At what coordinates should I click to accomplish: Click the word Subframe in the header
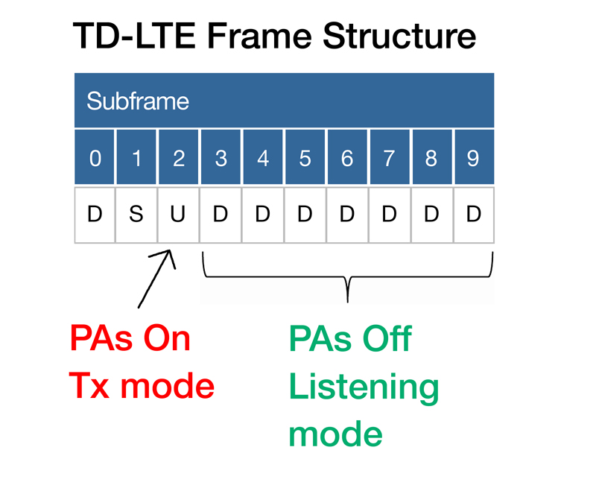point(138,101)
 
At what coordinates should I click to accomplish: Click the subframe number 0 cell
point(95,157)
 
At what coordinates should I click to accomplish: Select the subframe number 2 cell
point(179,157)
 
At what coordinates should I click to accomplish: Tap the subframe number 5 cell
point(305,157)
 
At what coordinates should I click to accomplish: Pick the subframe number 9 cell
point(475,157)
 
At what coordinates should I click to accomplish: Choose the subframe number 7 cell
point(390,157)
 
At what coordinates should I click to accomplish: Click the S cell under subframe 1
point(136,215)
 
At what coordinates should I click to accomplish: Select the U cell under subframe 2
point(178,215)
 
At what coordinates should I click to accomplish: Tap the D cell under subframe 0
point(95,215)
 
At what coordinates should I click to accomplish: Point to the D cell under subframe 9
point(474,215)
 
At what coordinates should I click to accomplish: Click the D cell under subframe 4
point(263,215)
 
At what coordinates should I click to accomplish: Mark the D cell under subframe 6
point(347,215)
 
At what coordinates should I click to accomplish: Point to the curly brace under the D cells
point(348,276)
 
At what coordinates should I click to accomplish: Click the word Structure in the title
point(399,36)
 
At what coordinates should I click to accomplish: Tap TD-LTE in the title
point(134,36)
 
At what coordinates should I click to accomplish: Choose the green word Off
point(387,338)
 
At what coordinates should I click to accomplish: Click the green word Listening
point(364,388)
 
